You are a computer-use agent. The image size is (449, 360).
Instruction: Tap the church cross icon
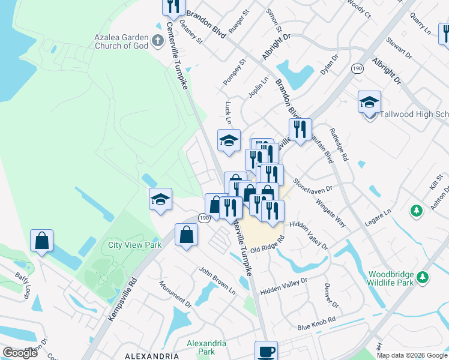[x=158, y=41]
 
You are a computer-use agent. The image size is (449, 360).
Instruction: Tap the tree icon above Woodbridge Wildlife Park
[x=423, y=277]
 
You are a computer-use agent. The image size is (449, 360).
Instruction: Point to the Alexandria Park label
[x=206, y=347]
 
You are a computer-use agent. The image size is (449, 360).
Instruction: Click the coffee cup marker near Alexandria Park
[x=266, y=351]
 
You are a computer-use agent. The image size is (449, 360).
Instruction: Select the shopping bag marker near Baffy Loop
[x=41, y=241]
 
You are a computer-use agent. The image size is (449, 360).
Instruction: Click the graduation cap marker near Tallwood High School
[x=370, y=103]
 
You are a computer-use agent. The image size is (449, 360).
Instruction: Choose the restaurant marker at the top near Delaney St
[x=173, y=6]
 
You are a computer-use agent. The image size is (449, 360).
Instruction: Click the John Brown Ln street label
[x=217, y=281]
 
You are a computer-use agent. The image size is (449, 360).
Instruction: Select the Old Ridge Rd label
[x=267, y=245]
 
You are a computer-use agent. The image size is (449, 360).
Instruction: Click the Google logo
[x=20, y=353]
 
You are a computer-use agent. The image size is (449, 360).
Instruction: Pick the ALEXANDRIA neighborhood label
[x=152, y=356]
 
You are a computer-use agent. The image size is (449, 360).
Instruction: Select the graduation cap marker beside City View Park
[x=161, y=199]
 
